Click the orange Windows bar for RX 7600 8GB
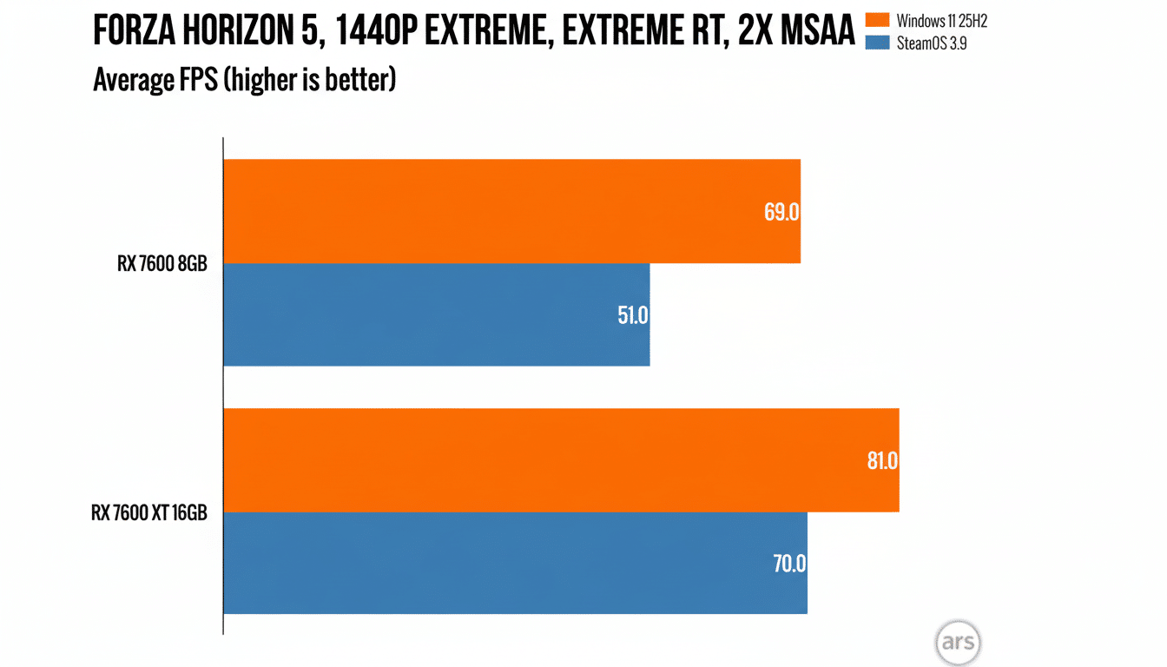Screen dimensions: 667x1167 (511, 211)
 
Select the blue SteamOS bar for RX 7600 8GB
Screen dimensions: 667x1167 (436, 314)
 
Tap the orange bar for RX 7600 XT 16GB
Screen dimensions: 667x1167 (561, 460)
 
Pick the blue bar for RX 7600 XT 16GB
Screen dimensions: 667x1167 (515, 563)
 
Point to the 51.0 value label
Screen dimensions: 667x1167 (632, 315)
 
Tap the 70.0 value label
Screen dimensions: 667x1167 (789, 564)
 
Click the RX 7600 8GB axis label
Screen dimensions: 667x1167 (162, 264)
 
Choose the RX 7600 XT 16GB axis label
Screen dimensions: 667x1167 (149, 512)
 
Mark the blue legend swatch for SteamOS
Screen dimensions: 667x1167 (879, 43)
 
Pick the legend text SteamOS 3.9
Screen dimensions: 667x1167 (932, 43)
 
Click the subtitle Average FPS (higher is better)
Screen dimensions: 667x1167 (244, 81)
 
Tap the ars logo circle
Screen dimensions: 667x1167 (958, 644)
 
